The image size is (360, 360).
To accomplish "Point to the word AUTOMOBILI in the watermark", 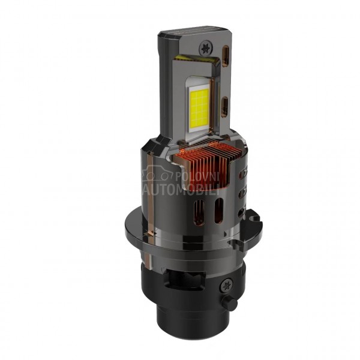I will point(181,190).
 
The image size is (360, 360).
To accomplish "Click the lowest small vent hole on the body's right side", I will point(242,213).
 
